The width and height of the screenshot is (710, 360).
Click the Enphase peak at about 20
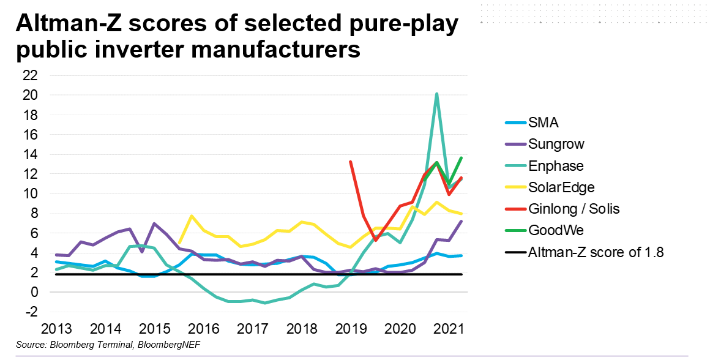pyautogui.click(x=436, y=94)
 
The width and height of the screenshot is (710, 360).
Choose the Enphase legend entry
pyautogui.click(x=555, y=166)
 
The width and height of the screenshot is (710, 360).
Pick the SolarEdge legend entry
pyautogui.click(x=561, y=187)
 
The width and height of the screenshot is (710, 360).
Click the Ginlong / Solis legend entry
pyautogui.click(x=574, y=209)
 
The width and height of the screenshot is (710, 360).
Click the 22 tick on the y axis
pyautogui.click(x=30, y=75)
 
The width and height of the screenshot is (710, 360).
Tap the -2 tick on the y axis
pyautogui.click(x=30, y=312)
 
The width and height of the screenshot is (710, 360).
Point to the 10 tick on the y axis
pyautogui.click(x=30, y=193)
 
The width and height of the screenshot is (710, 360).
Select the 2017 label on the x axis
pyautogui.click(x=253, y=328)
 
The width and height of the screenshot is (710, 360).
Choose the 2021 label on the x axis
pyautogui.click(x=450, y=328)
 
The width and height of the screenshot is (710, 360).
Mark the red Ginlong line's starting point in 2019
pyautogui.click(x=350, y=162)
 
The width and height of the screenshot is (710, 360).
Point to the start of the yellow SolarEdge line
pyautogui.click(x=179, y=242)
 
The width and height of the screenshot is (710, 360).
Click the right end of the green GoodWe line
pyautogui.click(x=461, y=158)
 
